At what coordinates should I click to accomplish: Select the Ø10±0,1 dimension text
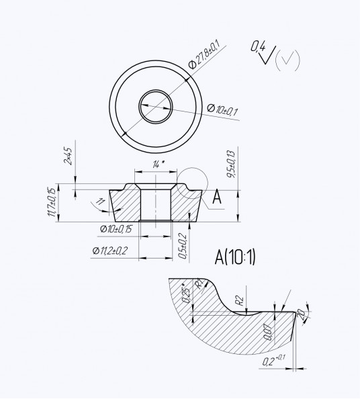point(222,109)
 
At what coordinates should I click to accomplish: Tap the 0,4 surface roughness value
point(258,47)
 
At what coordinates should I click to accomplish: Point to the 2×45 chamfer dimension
point(68,157)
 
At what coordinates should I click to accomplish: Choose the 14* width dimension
point(159,165)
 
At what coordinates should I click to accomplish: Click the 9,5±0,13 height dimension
point(231,164)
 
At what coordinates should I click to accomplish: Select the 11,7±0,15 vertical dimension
point(52,202)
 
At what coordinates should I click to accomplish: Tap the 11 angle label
point(100,202)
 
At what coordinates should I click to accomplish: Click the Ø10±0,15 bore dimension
point(116,229)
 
